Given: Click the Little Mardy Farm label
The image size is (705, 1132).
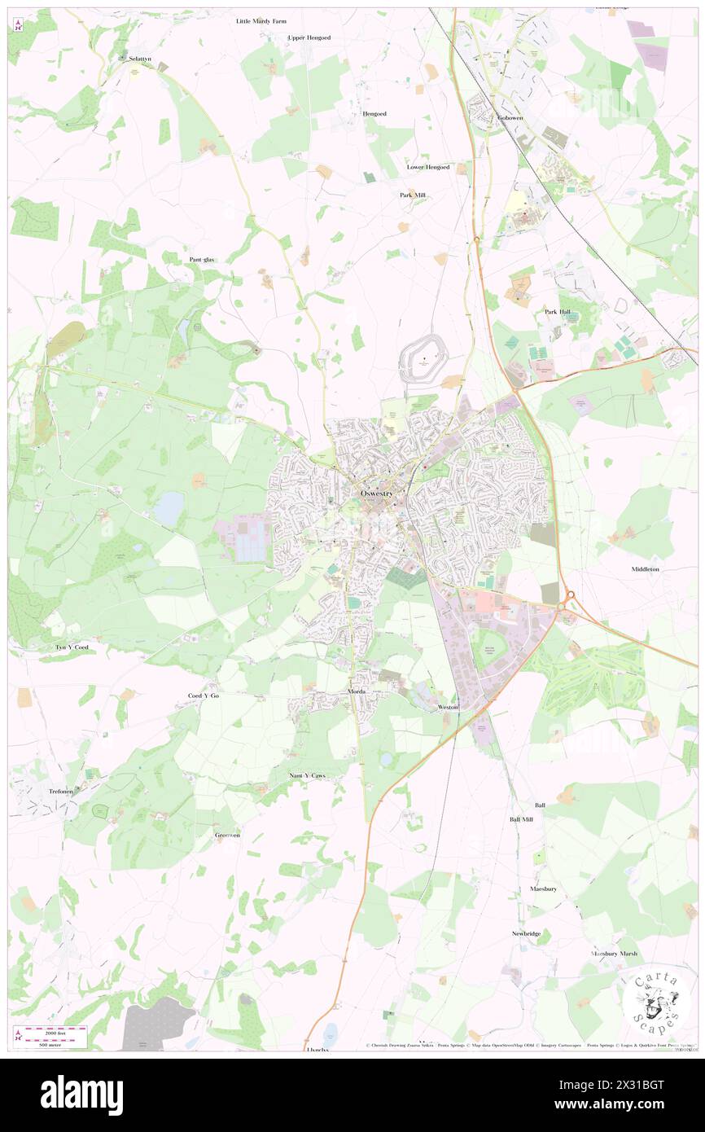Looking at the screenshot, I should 261,21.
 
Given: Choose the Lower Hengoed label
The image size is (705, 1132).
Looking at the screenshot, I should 428,167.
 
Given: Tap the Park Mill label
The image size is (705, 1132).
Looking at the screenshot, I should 412,195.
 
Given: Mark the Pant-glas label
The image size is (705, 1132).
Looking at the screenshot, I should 202,259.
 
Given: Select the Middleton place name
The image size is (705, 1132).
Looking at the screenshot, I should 645,569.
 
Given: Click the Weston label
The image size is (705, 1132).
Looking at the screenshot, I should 448,707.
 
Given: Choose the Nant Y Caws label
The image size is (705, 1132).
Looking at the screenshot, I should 307,775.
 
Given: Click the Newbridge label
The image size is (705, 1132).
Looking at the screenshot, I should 526,933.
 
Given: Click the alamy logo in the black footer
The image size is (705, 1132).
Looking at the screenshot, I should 81,1095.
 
